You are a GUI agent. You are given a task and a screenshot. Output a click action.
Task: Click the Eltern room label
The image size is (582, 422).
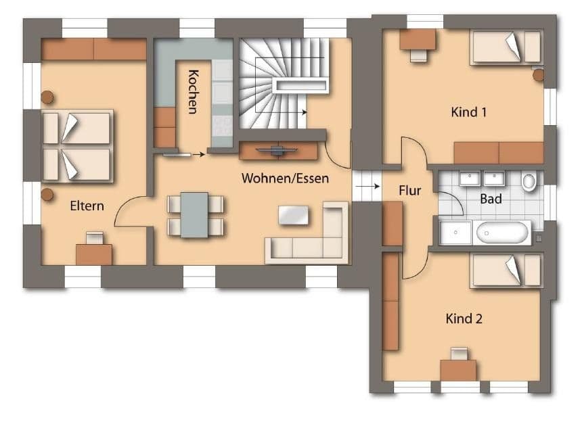tap(87, 206)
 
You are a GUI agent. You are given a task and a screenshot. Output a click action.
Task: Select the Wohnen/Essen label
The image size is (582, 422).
tap(285, 179)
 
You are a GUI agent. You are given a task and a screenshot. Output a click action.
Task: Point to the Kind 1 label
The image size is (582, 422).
tap(469, 112)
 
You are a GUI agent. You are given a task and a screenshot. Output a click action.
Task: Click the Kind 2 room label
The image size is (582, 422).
tap(464, 318)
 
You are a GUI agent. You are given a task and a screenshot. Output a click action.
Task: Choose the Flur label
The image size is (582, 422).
tap(410, 191)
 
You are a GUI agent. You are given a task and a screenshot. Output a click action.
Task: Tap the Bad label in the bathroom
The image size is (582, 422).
tap(491, 199)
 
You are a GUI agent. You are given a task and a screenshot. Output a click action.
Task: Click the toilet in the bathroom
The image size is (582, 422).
tap(529, 181)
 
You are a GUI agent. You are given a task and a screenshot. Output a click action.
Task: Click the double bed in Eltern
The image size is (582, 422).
tap(76, 146)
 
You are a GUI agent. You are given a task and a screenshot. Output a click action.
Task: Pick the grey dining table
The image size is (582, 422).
tap(194, 214)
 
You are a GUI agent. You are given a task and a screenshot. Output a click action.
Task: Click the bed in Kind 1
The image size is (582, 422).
tap(506, 47)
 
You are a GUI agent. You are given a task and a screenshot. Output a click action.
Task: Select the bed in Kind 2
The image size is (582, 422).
tap(506, 271)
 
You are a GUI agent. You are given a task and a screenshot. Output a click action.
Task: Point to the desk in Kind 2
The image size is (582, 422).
tap(458, 369)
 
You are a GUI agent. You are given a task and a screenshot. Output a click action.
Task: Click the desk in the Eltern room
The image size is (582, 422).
tap(94, 254)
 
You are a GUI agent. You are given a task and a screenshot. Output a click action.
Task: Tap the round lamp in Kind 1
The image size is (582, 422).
tap(538, 75)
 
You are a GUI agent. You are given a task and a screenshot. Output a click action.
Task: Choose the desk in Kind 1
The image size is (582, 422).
tap(418, 40)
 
